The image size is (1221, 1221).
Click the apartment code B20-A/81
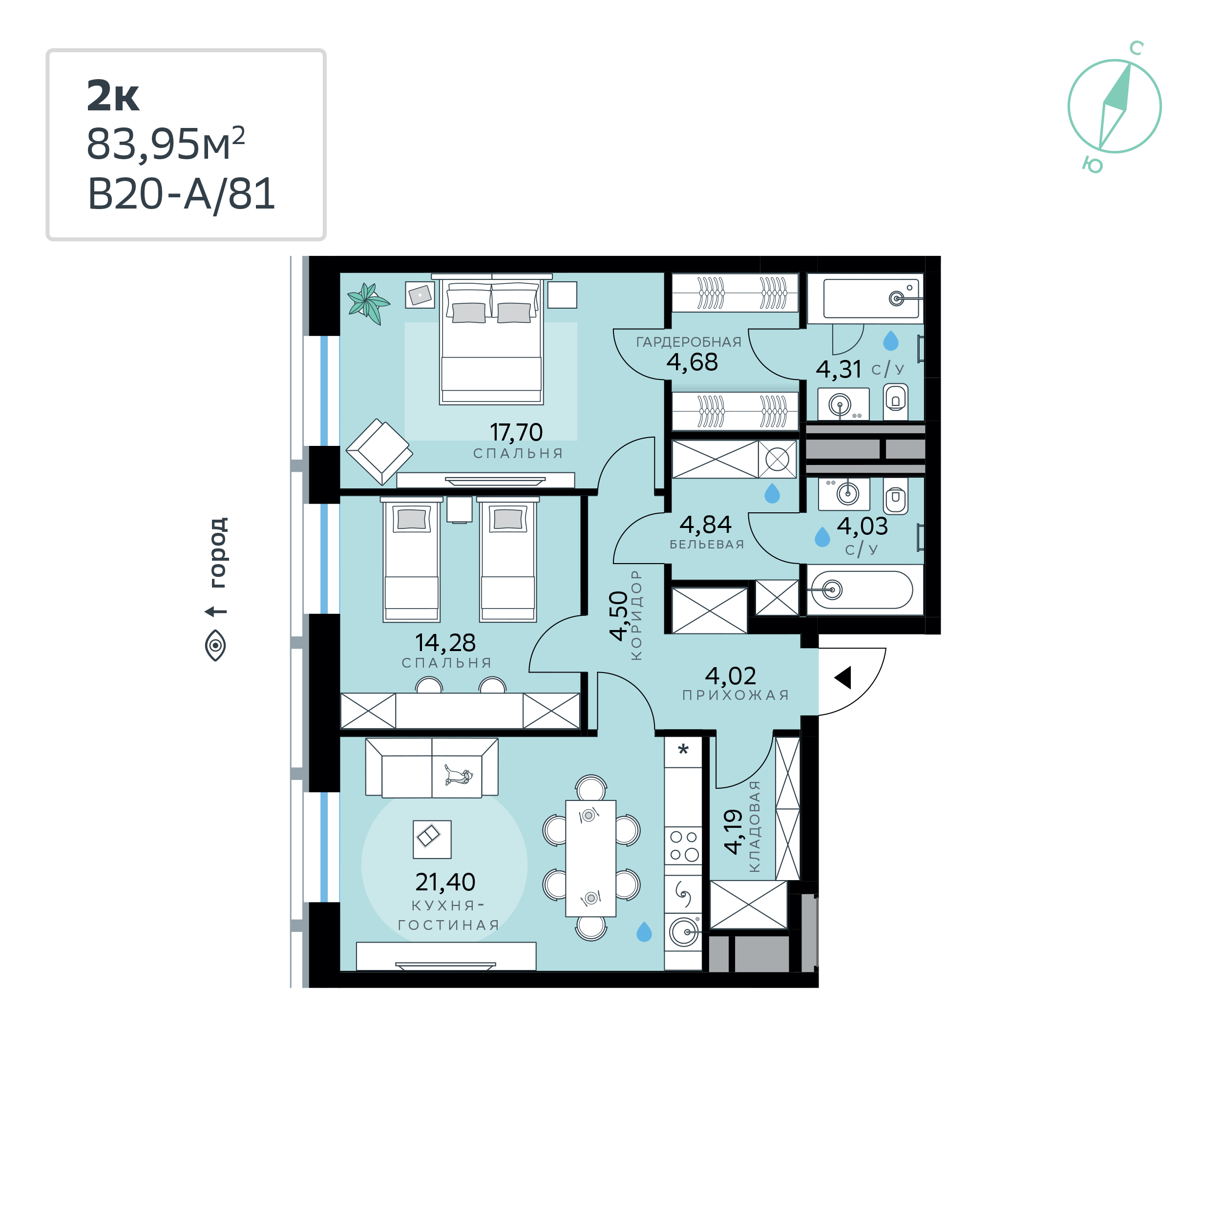pos(181,194)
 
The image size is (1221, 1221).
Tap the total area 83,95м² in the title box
pos(166,144)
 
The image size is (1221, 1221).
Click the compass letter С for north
pos(1137,48)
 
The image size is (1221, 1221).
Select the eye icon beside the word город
pos(215,645)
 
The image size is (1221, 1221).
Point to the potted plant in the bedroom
pos(368,303)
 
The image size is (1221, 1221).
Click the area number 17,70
pos(516,432)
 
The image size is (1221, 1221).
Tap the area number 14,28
pos(445,643)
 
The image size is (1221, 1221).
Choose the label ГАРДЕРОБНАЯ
pos(688,342)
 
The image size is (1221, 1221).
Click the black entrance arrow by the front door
pos(843,677)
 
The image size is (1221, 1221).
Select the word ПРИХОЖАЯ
pos(736,695)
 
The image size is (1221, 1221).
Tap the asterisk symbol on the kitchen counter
pos(683,750)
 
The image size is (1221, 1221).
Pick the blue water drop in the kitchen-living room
pos(644,931)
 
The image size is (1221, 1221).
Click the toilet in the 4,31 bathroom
pos(896,400)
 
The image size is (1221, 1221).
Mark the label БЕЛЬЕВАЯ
pos(707,544)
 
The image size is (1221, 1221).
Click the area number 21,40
pos(445,882)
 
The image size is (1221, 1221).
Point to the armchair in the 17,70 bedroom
pos(379,451)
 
